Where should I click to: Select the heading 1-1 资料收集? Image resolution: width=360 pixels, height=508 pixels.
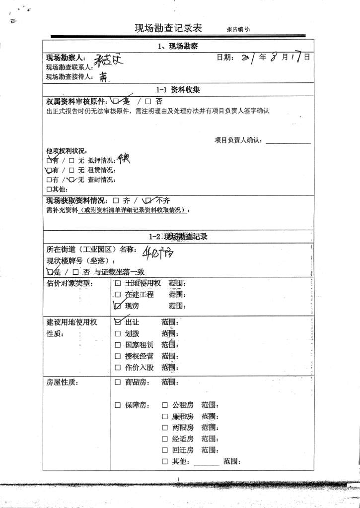pos(178,90)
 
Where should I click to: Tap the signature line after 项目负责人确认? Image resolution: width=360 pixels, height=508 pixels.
pos(288,140)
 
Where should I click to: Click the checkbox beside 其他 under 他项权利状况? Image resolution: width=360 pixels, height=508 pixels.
pos(49,189)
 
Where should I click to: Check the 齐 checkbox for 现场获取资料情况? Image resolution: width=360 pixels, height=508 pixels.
pos(115,201)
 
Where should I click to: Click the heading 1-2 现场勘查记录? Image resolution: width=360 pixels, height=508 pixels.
pos(178,237)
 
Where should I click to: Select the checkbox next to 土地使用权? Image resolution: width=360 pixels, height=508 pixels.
pos(118,283)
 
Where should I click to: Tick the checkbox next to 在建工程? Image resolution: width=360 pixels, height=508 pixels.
pos(118,294)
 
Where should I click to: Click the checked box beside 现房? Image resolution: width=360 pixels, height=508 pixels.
pos(118,306)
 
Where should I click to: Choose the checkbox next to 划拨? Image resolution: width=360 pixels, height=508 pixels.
pos(118,333)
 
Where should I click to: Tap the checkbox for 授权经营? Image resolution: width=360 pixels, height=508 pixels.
pos(118,356)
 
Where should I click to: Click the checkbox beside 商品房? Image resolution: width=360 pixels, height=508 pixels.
pos(118,382)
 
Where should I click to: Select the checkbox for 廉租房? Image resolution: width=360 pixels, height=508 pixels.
pos(165,416)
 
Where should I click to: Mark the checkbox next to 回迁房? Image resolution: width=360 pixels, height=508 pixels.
pos(165,450)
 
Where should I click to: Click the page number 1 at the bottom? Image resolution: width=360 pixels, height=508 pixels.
pos(178,478)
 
